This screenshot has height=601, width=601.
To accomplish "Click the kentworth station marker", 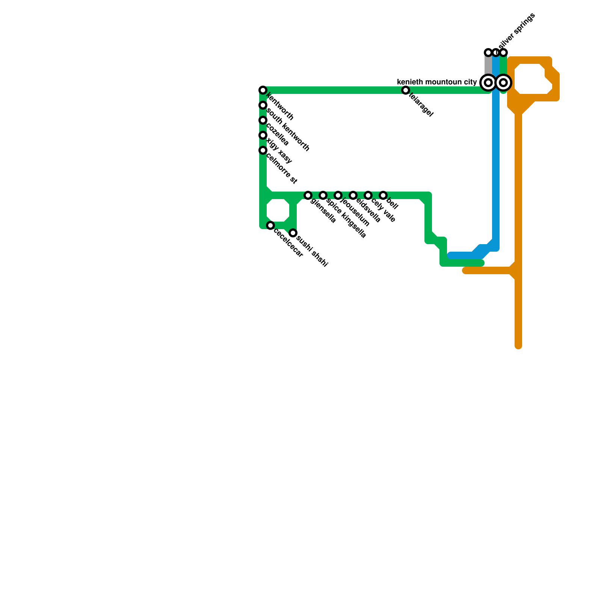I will [x=263, y=90].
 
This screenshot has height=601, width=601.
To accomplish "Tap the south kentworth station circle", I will [x=263, y=105].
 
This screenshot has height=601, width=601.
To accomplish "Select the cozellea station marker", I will [x=263, y=120].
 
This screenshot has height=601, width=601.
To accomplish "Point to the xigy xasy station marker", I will [x=263, y=135].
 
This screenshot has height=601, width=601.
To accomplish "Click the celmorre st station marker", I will [x=263, y=150].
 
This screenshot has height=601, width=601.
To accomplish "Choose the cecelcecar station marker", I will [x=270, y=225].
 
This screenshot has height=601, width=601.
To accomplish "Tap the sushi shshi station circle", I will [x=293, y=233].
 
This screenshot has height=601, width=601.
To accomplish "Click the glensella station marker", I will [x=308, y=195].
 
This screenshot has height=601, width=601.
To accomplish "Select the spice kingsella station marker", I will [x=323, y=195].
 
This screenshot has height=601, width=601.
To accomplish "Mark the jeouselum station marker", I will [x=338, y=195].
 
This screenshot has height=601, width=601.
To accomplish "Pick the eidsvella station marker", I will [x=353, y=195].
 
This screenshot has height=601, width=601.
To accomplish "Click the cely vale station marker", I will [x=368, y=195].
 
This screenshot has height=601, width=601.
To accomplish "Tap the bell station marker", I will [x=383, y=195].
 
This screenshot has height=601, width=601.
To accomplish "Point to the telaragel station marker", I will [x=406, y=90].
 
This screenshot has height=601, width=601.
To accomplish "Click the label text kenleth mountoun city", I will [x=437, y=82].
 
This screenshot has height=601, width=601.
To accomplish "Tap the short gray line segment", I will [x=488, y=66].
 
